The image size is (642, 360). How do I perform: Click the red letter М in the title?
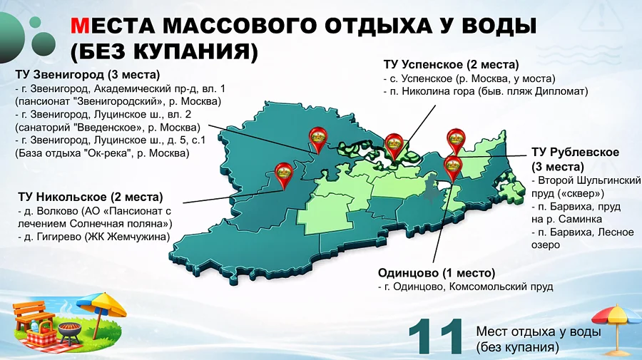[80, 26]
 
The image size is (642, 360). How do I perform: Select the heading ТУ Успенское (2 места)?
[451, 64]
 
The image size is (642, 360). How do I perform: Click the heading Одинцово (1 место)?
[436, 273]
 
